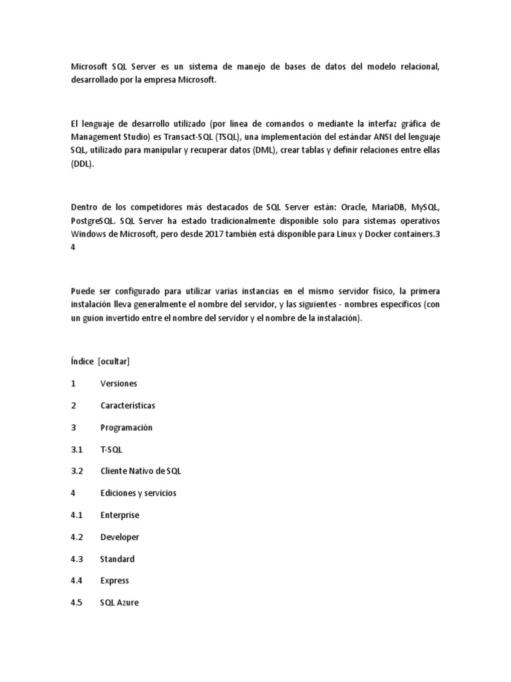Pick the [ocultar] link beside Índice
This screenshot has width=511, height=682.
coord(113,362)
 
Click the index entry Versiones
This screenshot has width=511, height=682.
coord(118,384)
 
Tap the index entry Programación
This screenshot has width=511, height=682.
coord(126,428)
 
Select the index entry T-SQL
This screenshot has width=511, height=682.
coord(111,450)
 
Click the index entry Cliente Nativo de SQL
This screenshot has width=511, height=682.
coord(140,472)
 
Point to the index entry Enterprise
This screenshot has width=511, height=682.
coord(120,515)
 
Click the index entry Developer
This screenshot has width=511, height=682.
coord(120,537)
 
